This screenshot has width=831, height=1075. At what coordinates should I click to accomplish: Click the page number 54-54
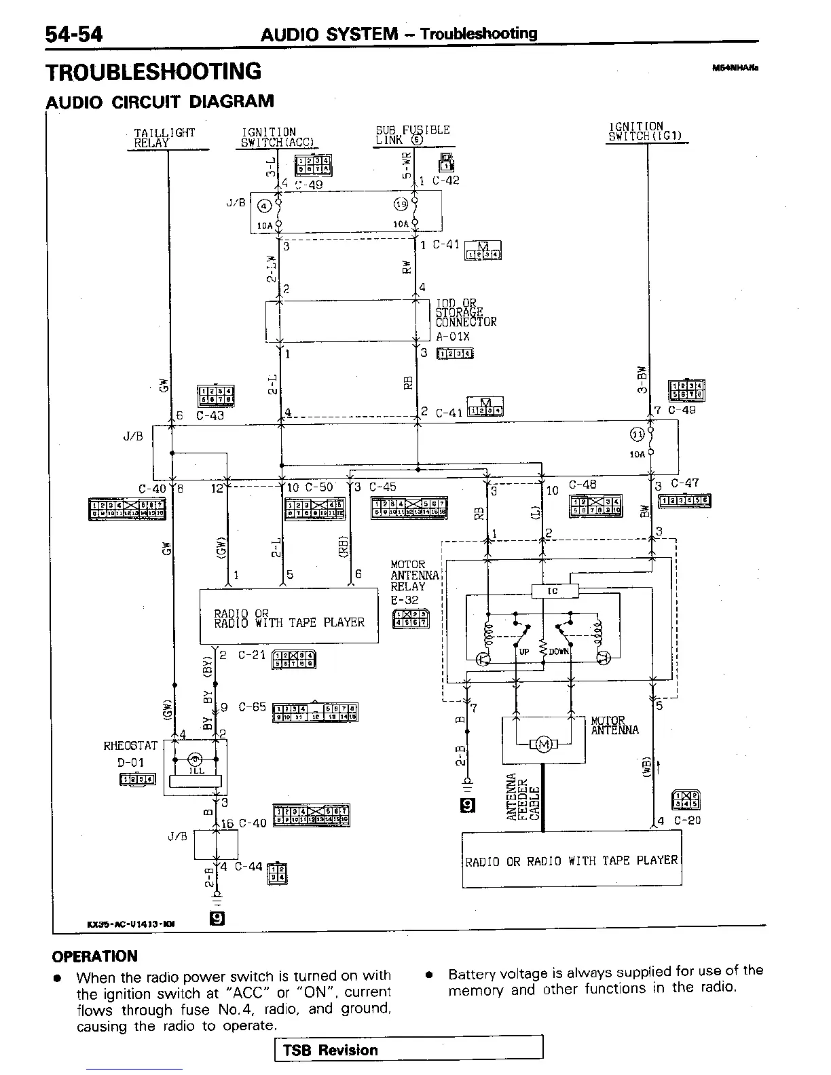pyautogui.click(x=74, y=34)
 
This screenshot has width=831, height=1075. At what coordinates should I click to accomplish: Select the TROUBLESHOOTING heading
pyautogui.click(x=153, y=71)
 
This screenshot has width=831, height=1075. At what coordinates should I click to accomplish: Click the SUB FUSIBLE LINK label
pyautogui.click(x=412, y=135)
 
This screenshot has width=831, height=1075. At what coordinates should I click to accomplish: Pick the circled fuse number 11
pyautogui.click(x=638, y=435)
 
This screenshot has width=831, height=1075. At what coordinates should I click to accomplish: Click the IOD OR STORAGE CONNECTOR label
pyautogui.click(x=465, y=313)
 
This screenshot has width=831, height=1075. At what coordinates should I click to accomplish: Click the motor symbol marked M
pyautogui.click(x=544, y=745)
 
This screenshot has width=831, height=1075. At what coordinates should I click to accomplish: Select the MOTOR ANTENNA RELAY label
pyautogui.click(x=415, y=576)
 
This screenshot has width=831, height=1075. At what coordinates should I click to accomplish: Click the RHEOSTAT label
pyautogui.click(x=130, y=746)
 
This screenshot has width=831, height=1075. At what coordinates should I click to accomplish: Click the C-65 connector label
pyautogui.click(x=253, y=707)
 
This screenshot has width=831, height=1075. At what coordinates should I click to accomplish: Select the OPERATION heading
pyautogui.click(x=95, y=956)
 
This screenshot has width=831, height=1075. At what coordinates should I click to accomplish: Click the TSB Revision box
pyautogui.click(x=409, y=1050)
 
